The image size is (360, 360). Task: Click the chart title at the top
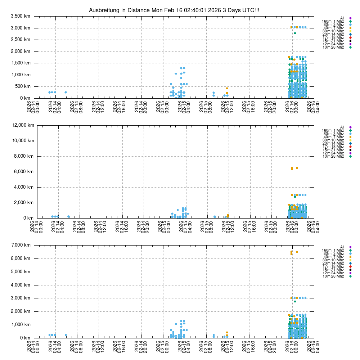(x=174, y=10)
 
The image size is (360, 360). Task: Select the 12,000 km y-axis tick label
(x=23, y=125)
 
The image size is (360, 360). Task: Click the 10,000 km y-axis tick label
(x=23, y=140)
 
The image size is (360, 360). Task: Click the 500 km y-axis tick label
(x=23, y=86)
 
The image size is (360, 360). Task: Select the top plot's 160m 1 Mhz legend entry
(x=333, y=21)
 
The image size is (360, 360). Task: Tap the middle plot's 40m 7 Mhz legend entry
(x=333, y=137)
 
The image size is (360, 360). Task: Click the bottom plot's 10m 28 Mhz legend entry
(x=333, y=276)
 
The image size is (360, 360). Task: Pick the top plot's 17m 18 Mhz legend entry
(x=333, y=37)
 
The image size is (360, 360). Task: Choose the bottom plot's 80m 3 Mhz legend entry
(x=333, y=253)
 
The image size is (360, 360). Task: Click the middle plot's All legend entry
(x=342, y=127)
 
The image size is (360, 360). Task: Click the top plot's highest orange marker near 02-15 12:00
(x=227, y=88)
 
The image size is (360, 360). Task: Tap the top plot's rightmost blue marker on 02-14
(x=66, y=92)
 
